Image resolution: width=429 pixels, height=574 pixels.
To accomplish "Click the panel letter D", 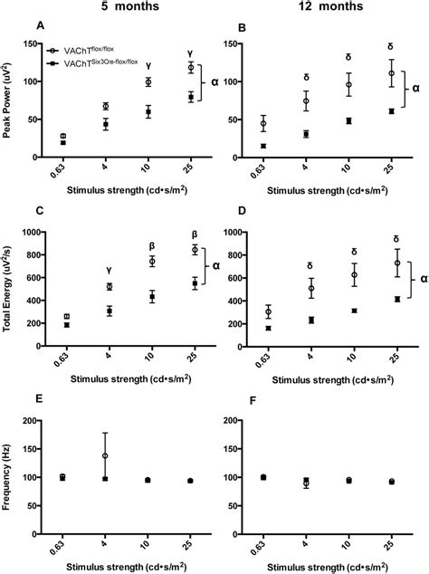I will point(241,211).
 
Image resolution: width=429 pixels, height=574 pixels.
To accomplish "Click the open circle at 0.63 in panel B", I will point(263,124).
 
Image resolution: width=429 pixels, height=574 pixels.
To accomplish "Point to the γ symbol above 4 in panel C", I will point(110,270).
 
